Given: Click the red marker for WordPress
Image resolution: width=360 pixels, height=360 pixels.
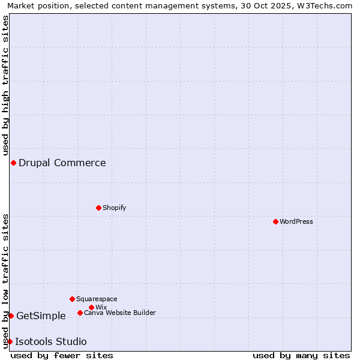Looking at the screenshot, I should (275, 221).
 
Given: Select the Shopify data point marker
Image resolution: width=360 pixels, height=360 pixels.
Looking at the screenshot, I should (98, 208).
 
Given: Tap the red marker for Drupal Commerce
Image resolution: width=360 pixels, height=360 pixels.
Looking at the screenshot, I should (13, 163).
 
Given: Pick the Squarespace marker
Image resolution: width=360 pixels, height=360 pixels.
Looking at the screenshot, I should (72, 299).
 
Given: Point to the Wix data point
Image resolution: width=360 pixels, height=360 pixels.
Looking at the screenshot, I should (91, 307).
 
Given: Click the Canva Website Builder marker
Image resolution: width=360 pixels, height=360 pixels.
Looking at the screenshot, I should (80, 313).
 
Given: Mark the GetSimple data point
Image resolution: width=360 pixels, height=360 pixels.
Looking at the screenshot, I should (11, 316).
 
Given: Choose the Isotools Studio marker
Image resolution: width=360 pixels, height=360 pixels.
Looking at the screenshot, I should (10, 341).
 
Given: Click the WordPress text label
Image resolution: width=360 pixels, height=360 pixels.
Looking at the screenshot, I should (296, 221).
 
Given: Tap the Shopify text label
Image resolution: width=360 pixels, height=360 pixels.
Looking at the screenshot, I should (115, 208).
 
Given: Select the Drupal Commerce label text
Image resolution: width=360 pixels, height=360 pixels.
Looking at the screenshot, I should (62, 163).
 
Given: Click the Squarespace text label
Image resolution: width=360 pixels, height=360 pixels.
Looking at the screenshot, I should (97, 299).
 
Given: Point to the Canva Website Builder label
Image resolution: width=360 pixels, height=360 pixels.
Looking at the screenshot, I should (120, 313).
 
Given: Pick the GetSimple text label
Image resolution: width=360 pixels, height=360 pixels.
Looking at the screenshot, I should (41, 316).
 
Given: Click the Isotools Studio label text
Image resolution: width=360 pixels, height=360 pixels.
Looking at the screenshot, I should (51, 341).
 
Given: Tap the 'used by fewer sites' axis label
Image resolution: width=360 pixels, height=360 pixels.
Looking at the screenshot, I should (62, 355).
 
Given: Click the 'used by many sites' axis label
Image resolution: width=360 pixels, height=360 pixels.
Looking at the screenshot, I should (301, 355).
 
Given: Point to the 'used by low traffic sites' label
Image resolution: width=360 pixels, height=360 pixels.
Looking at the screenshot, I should (5, 280).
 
